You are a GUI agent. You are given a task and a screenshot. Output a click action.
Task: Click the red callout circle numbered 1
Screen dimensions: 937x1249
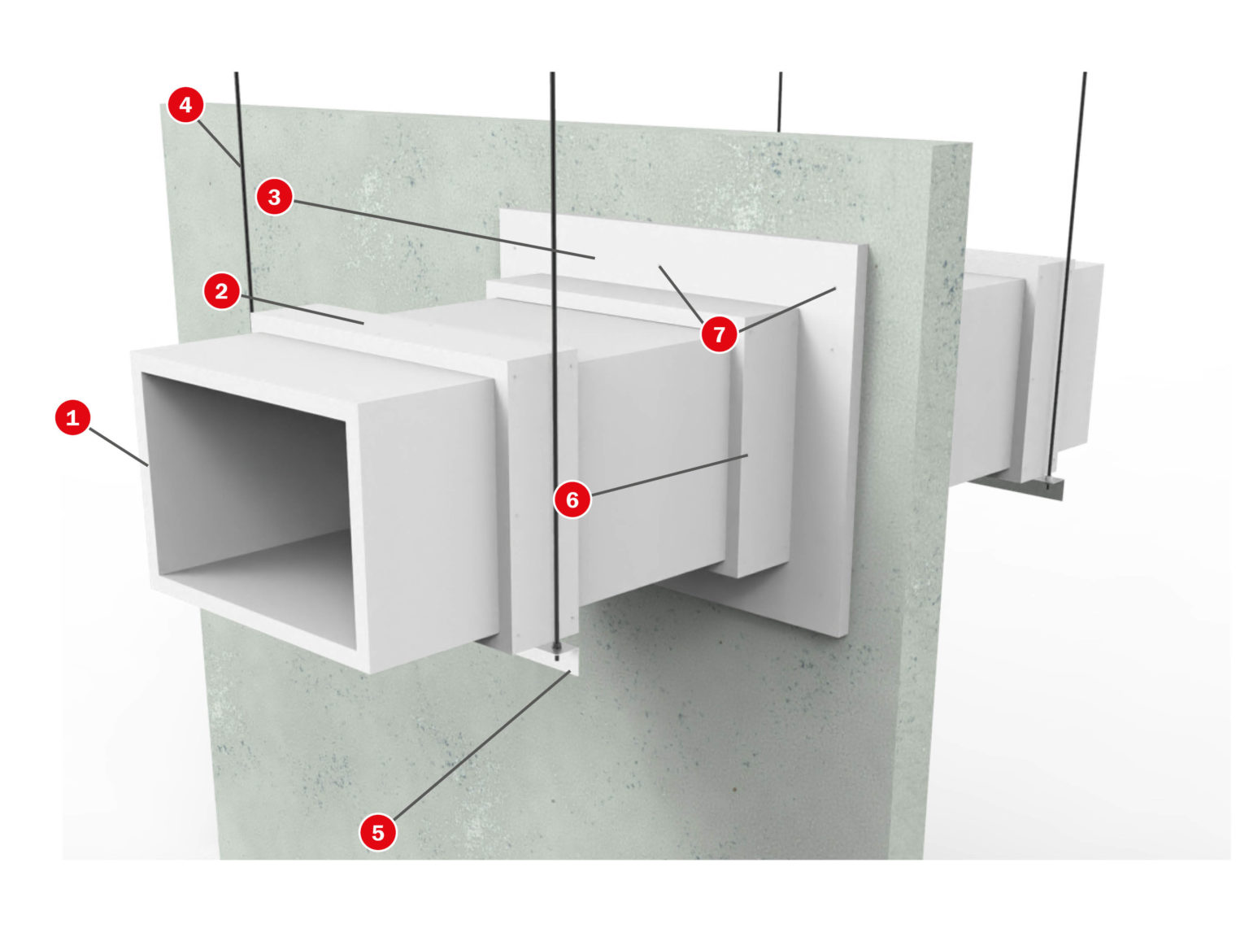tap(72, 417)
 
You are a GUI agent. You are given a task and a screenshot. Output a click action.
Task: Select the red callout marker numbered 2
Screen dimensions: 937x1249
tap(221, 291)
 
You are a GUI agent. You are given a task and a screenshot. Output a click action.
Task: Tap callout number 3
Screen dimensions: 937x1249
tap(274, 197)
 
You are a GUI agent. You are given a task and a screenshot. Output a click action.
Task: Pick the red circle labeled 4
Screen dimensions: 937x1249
tap(185, 105)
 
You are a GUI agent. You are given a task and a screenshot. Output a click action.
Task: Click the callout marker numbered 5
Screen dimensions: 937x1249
tap(377, 832)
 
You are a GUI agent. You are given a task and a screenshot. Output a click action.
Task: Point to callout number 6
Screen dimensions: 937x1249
tap(572, 499)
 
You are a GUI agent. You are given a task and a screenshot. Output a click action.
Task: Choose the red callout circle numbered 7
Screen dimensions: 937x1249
tap(719, 333)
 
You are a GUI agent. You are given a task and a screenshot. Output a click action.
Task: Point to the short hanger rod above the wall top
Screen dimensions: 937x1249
tap(780, 102)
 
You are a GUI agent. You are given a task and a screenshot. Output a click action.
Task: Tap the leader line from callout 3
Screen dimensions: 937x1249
tap(439, 228)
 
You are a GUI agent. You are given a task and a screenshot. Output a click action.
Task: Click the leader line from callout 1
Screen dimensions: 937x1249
tap(118, 446)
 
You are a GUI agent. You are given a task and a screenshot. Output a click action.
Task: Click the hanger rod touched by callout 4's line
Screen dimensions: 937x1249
tap(242, 203)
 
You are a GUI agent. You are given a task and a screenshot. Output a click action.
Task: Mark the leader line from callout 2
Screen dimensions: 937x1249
tap(301, 310)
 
